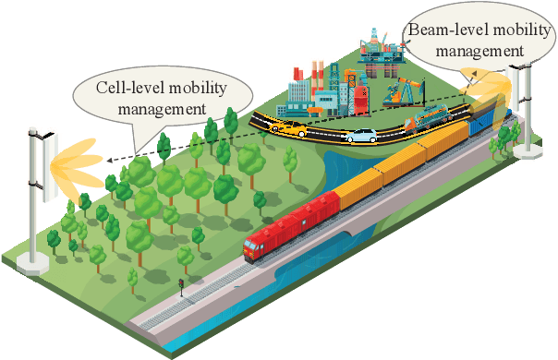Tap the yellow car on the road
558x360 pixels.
291,129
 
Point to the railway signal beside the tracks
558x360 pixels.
181,288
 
